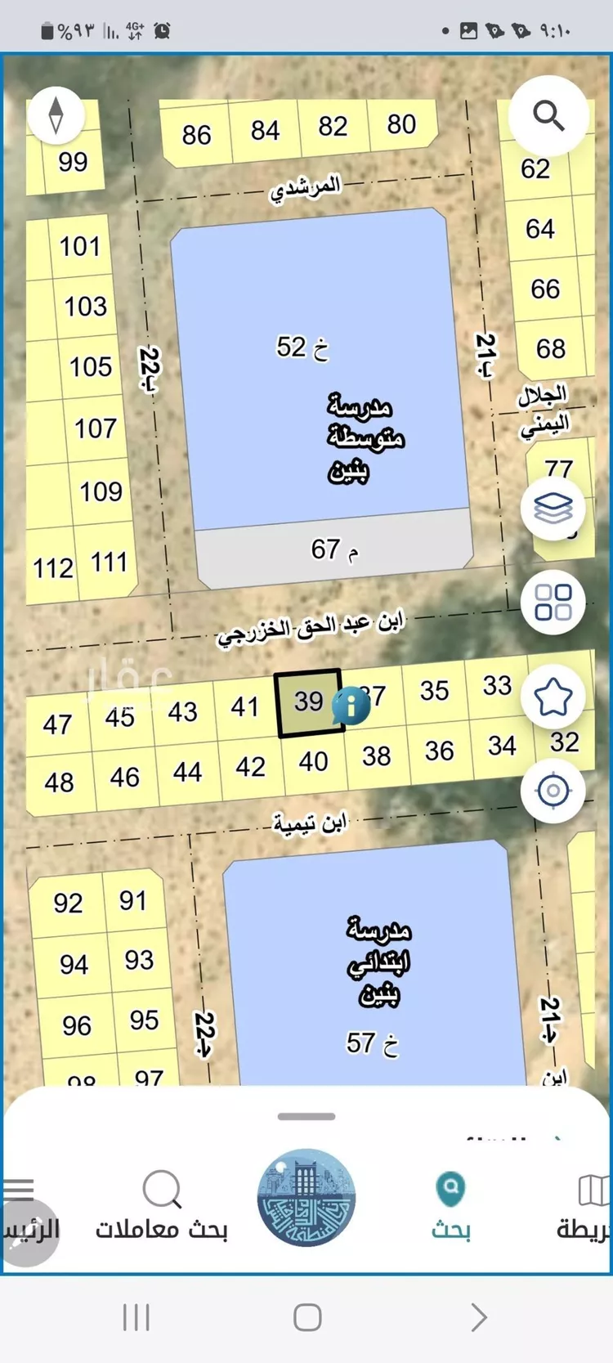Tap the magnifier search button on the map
[x=548, y=117]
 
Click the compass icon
[x=56, y=115]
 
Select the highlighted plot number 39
[x=308, y=702]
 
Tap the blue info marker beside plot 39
[x=351, y=705]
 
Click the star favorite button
[x=553, y=697]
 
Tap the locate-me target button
[x=553, y=791]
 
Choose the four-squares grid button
[x=553, y=603]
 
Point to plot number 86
[x=196, y=135]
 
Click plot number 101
[x=79, y=246]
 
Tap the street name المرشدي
[x=306, y=187]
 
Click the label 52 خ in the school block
[x=302, y=347]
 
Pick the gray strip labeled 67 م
[x=333, y=550]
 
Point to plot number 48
[x=59, y=782]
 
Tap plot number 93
[x=139, y=960]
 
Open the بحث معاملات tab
[x=162, y=1207]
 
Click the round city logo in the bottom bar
[x=306, y=1198]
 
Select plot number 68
[x=550, y=349]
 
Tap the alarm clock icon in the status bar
[x=163, y=31]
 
